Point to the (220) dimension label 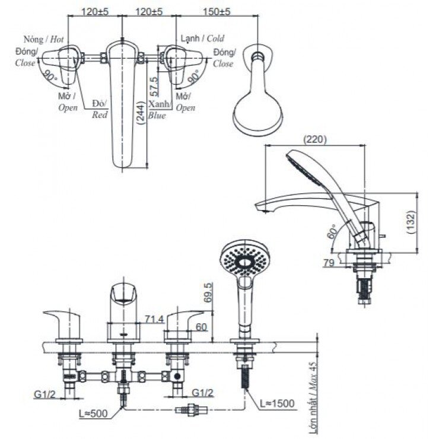click(x=316, y=140)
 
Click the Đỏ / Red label click(x=100, y=109)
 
